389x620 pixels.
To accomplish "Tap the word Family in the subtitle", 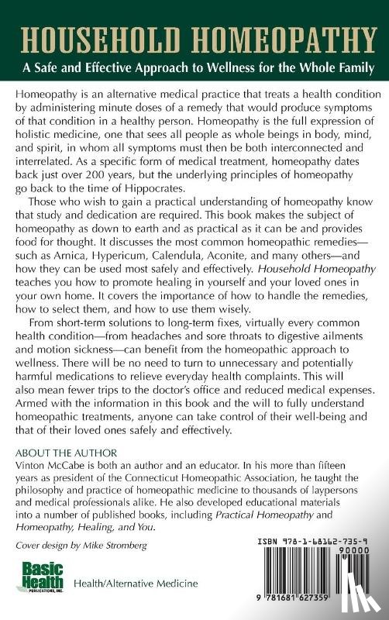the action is coord(349,67).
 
